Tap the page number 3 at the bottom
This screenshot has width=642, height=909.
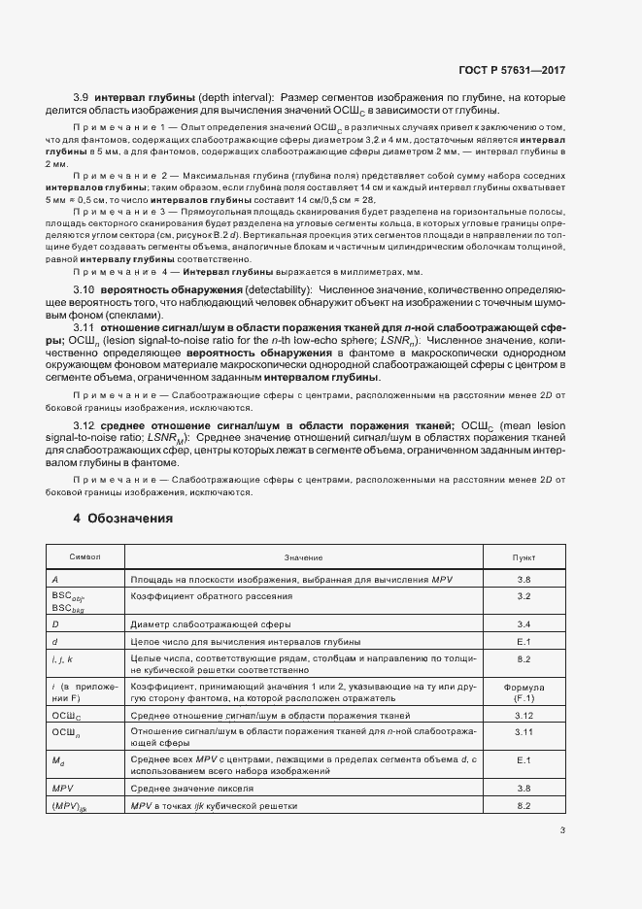coord(562,829)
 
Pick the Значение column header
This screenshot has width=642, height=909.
coord(304,557)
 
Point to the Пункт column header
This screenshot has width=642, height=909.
coord(524,557)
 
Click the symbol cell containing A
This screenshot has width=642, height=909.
coord(55,579)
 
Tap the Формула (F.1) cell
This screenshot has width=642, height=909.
coord(524,692)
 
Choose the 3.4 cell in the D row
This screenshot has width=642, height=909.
coord(524,624)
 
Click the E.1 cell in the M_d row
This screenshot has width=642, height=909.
coord(524,759)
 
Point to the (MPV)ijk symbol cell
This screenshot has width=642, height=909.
coord(71,806)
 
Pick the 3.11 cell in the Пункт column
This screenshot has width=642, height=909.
coord(524,731)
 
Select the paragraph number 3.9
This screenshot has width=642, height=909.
coord(82,99)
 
